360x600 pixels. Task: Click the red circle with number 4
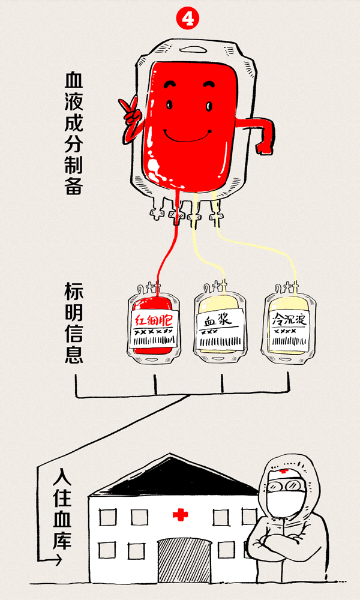click(187, 19)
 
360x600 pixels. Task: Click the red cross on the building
click(180, 514)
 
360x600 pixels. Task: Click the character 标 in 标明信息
click(74, 293)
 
